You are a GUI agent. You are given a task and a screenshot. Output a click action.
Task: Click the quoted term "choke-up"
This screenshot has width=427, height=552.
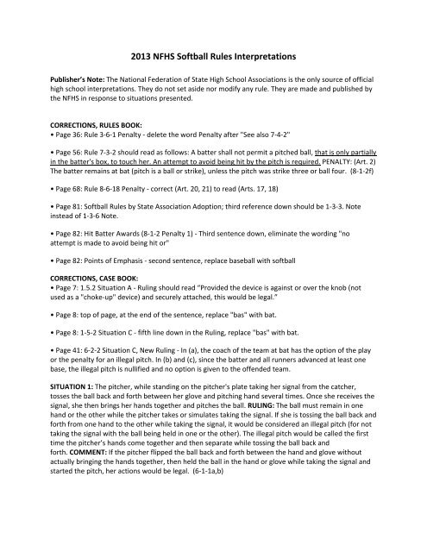pyautogui.click(x=74, y=323)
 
